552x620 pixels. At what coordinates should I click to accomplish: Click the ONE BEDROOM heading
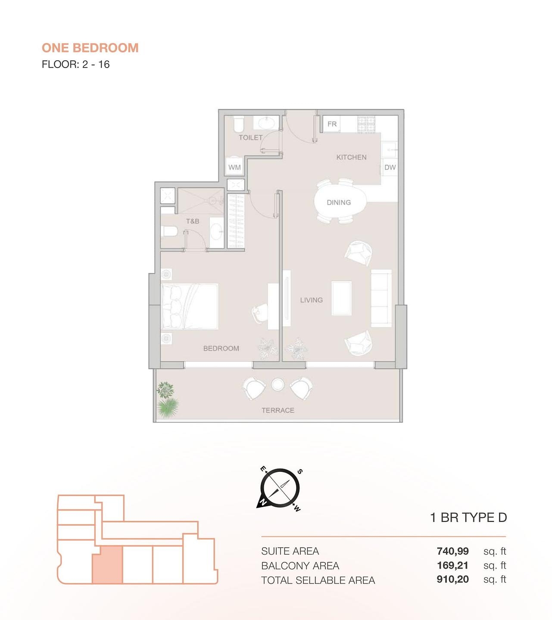[x=90, y=48]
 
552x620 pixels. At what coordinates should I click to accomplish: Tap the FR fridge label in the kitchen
[x=332, y=124]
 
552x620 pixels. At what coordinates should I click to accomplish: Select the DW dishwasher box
[x=390, y=167]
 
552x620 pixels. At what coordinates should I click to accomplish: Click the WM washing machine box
[x=234, y=167]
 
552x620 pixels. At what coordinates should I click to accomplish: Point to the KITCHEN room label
[x=351, y=158]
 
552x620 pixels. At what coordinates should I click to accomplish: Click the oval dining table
[x=340, y=202]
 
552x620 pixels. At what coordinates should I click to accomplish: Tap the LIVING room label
[x=311, y=300]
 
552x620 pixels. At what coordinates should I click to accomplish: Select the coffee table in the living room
[x=341, y=298]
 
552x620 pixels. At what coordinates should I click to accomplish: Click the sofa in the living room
[x=381, y=298]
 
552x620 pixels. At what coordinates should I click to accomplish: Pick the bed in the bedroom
[x=190, y=306]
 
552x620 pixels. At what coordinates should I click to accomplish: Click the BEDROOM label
[x=221, y=348]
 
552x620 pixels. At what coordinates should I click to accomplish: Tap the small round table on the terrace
[x=278, y=384]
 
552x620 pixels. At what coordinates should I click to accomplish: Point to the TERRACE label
[x=278, y=410]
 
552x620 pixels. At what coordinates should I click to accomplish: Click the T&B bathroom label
[x=193, y=221]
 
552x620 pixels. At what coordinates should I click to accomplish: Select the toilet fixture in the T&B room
[x=169, y=232]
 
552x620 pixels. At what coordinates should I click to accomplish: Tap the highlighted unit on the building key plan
[x=107, y=564]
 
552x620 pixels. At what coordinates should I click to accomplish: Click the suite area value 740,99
[x=452, y=551]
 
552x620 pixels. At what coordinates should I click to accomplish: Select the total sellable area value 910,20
[x=452, y=580]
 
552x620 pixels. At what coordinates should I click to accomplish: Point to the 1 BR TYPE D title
[x=468, y=518]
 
